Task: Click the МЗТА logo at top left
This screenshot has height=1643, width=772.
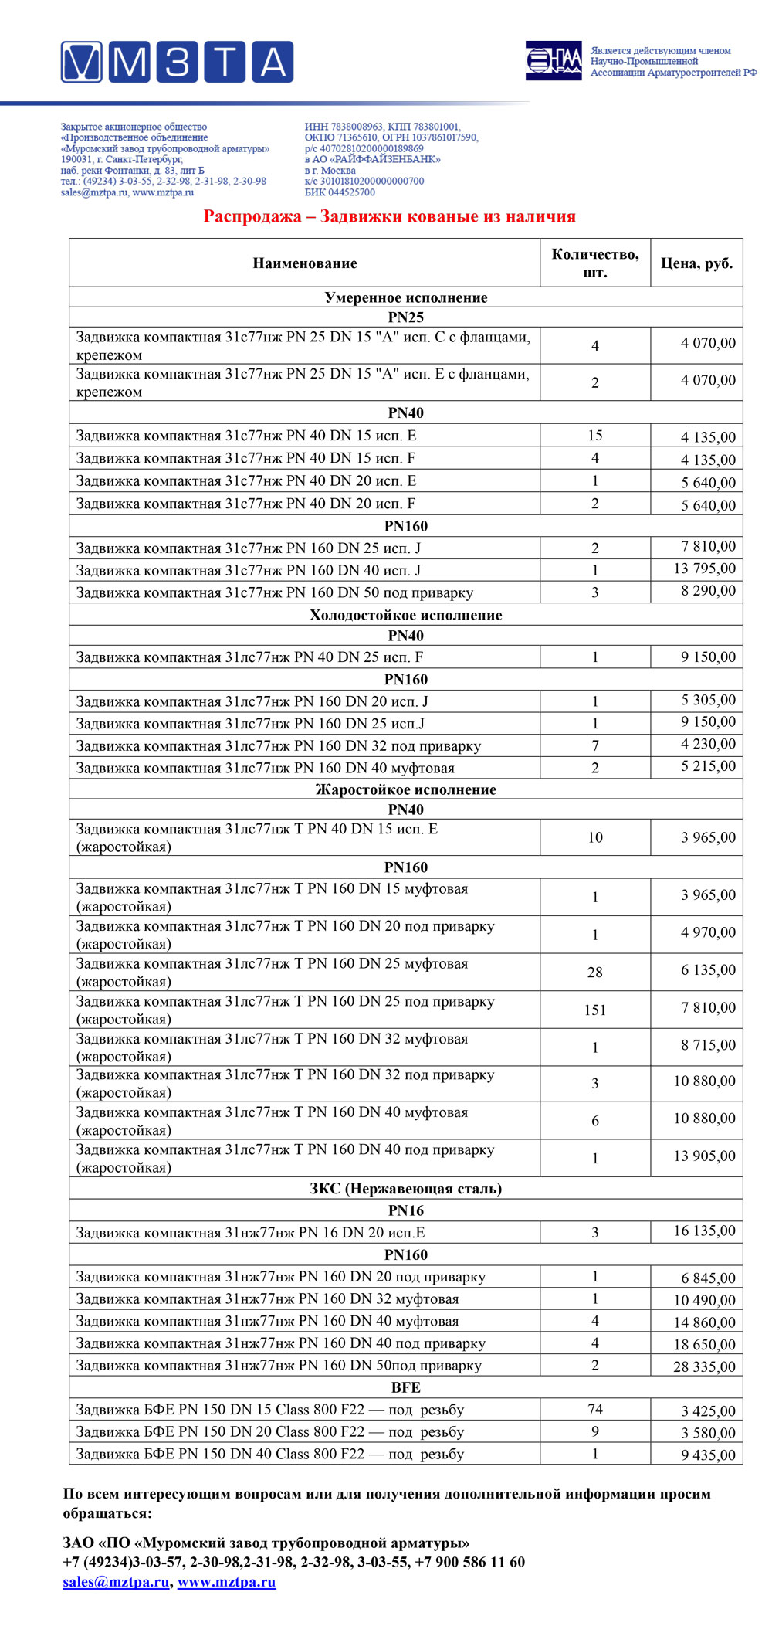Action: pyautogui.click(x=177, y=62)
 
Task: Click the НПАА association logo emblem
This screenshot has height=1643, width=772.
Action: pyautogui.click(x=554, y=61)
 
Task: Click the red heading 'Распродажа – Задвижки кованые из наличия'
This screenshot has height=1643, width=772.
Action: pyautogui.click(x=389, y=216)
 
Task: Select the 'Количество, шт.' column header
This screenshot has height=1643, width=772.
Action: pyautogui.click(x=594, y=263)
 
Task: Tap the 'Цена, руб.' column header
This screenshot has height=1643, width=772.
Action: pyautogui.click(x=696, y=263)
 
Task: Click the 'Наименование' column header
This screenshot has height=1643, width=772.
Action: pyautogui.click(x=305, y=263)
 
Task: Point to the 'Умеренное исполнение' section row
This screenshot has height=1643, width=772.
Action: pyautogui.click(x=406, y=297)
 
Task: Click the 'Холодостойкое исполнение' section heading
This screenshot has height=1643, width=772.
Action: pyautogui.click(x=406, y=615)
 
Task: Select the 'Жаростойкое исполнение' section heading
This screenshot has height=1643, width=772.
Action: pyautogui.click(x=406, y=789)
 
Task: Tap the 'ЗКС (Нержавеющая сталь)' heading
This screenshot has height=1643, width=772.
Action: pyautogui.click(x=406, y=1188)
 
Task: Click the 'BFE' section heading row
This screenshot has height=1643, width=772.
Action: pyautogui.click(x=406, y=1387)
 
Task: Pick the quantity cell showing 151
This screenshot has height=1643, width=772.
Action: pyautogui.click(x=594, y=1010)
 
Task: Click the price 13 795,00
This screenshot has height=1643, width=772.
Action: pyautogui.click(x=704, y=569)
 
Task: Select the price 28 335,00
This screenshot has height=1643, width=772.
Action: pyautogui.click(x=704, y=1366)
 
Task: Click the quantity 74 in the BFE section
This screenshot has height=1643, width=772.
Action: pyautogui.click(x=594, y=1410)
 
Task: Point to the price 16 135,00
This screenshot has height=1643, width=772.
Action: pyautogui.click(x=704, y=1231)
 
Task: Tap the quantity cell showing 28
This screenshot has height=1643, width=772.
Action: pyautogui.click(x=594, y=973)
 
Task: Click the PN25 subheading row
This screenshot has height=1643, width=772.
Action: pyautogui.click(x=406, y=317)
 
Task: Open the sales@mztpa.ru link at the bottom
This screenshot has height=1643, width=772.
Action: pyautogui.click(x=116, y=1581)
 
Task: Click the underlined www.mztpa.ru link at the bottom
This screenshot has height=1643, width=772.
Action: pyautogui.click(x=226, y=1581)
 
